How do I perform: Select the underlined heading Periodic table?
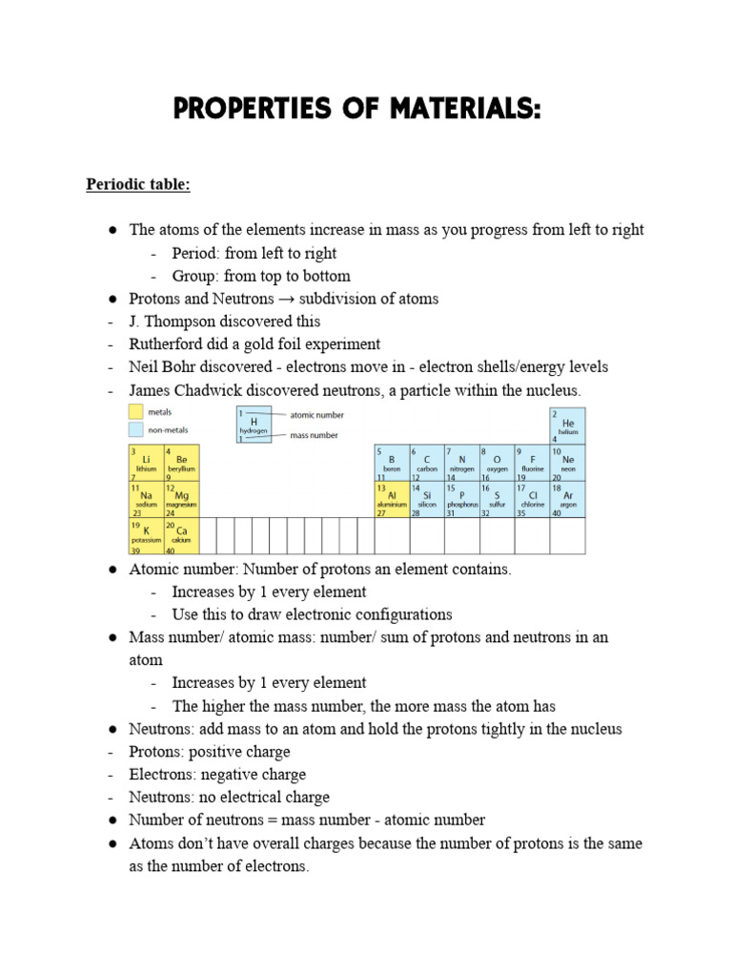click(138, 184)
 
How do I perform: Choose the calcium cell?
click(181, 535)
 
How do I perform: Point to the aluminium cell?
click(392, 499)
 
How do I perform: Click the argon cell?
click(568, 499)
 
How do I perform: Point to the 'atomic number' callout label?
click(316, 415)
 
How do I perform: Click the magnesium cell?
click(181, 499)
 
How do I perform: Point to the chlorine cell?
click(533, 499)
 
